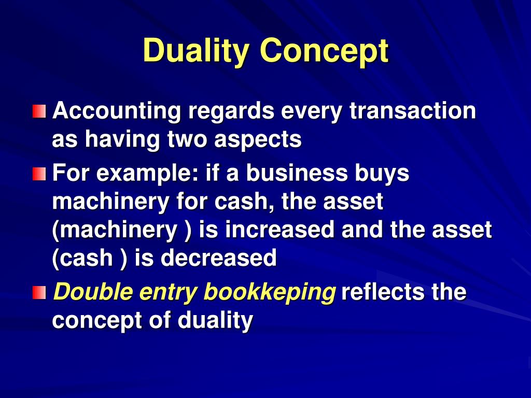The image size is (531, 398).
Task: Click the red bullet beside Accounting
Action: click(39, 111)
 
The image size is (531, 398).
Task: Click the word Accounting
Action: click(117, 111)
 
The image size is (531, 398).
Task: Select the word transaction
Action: click(412, 111)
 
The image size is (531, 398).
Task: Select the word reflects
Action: click(383, 292)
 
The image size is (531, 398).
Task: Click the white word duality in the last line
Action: click(215, 321)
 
